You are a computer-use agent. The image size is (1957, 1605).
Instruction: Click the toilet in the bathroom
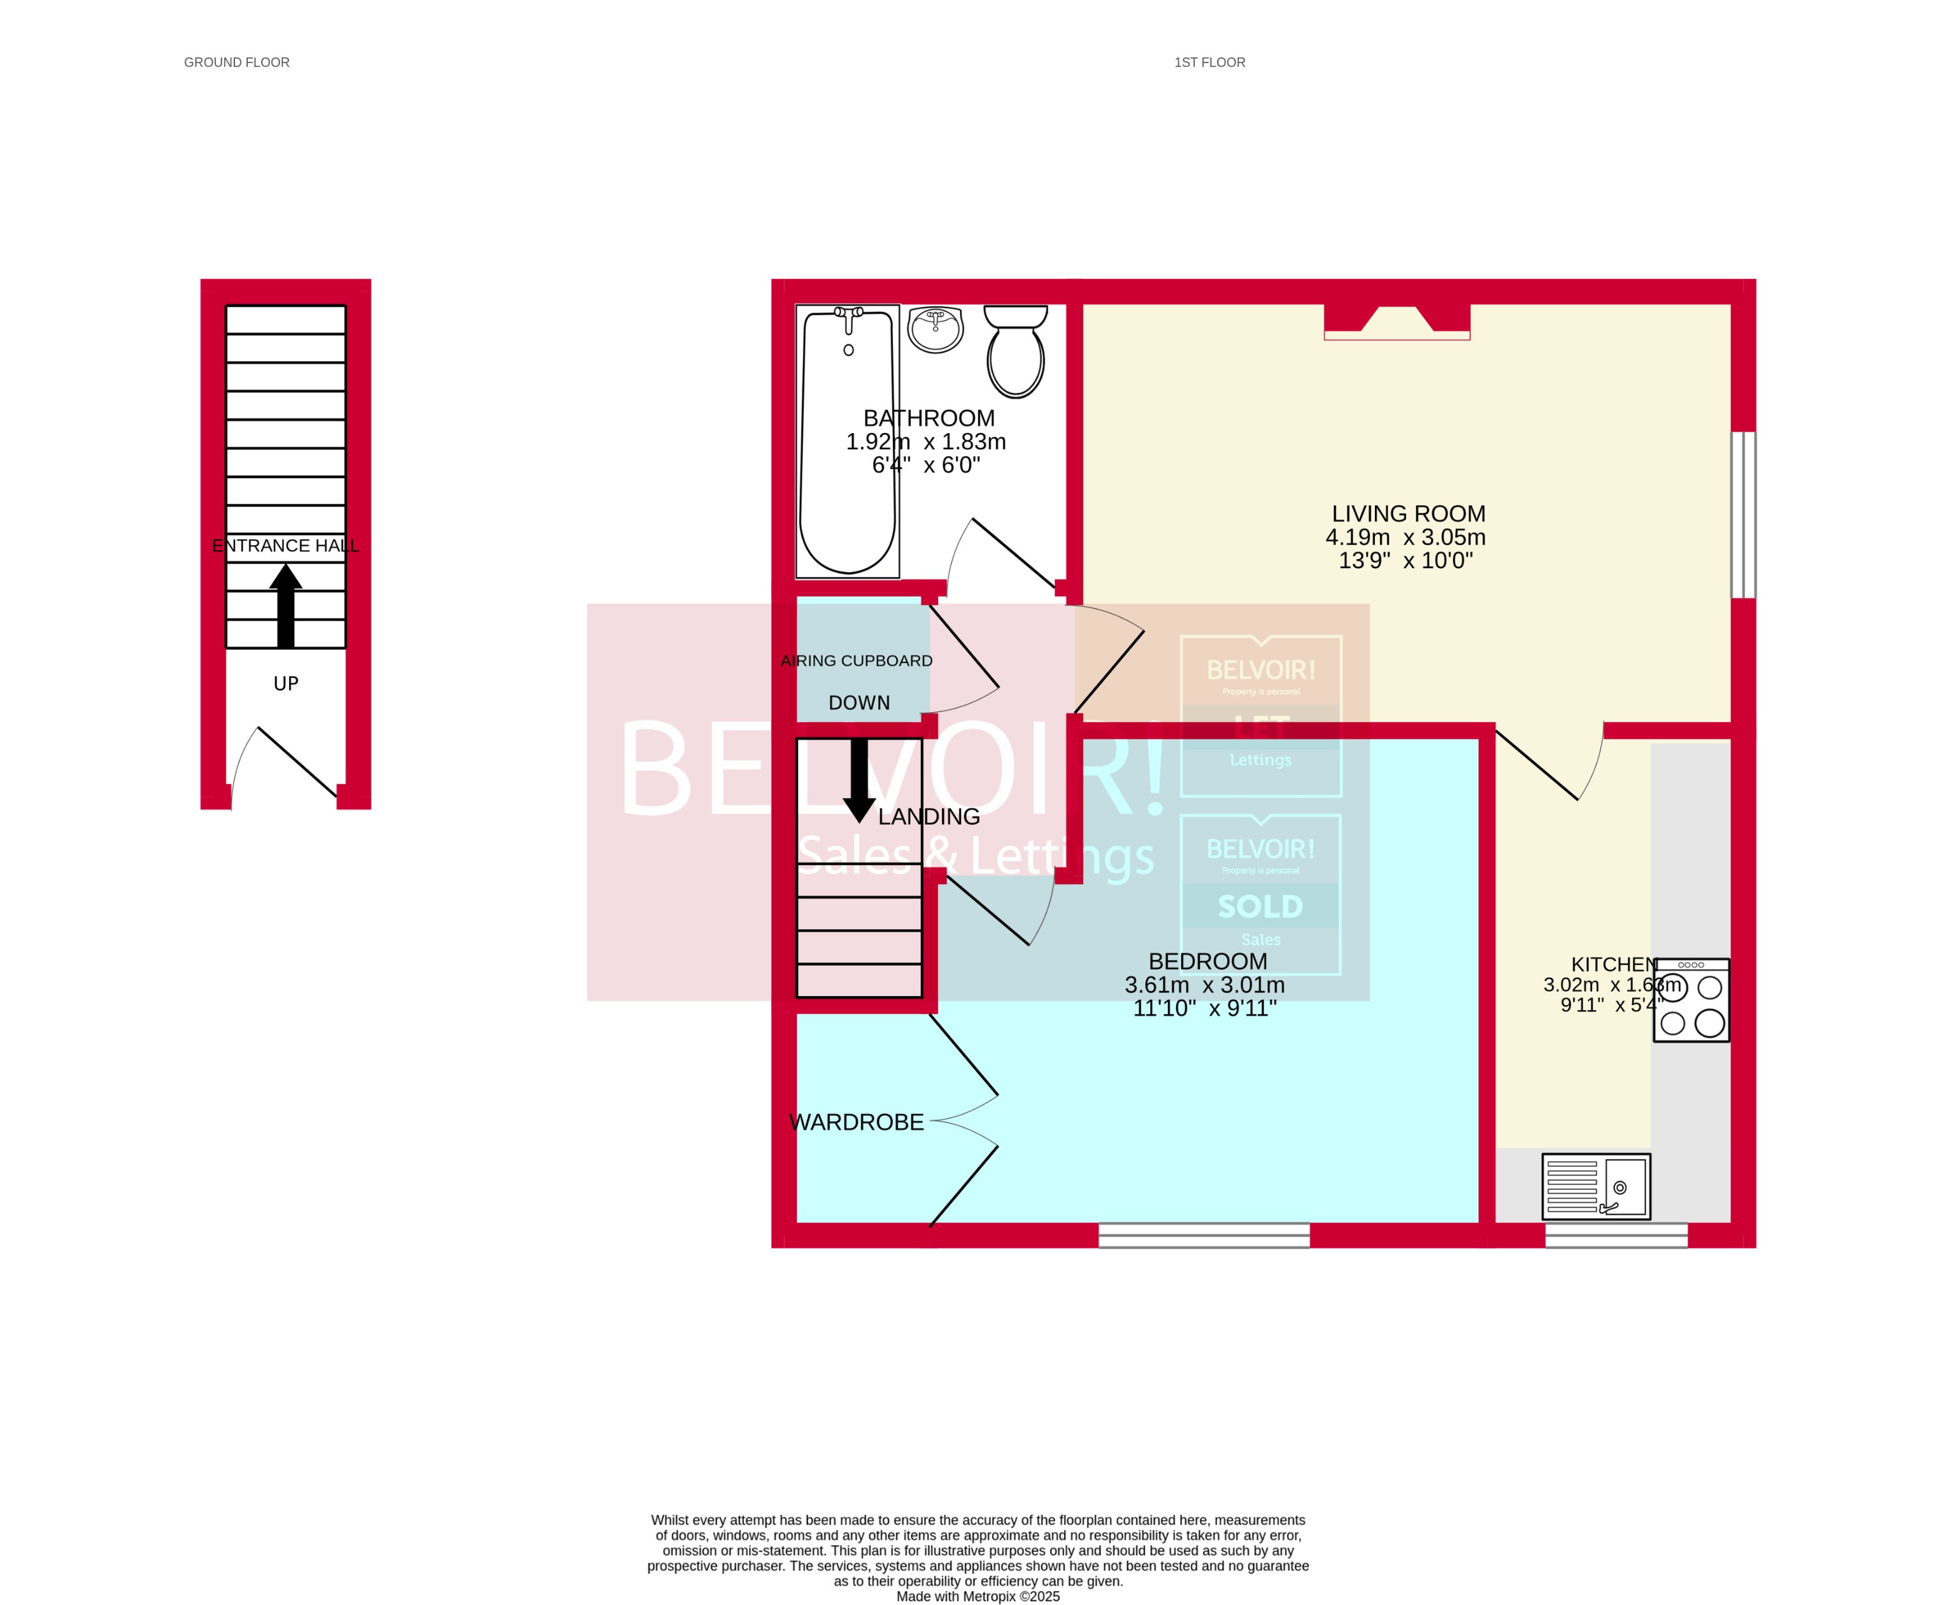point(1015,352)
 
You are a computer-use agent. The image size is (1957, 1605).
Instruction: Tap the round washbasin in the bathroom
point(935,329)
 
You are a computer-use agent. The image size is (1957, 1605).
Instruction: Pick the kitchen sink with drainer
point(1595,1186)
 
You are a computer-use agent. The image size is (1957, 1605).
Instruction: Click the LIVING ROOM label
point(1408,514)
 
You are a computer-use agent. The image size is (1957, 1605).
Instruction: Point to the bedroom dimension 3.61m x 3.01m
point(1204,985)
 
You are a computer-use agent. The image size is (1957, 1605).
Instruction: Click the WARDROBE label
point(856,1122)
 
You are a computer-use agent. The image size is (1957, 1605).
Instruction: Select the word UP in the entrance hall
point(286,684)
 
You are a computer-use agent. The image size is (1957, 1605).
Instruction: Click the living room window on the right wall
point(1742,515)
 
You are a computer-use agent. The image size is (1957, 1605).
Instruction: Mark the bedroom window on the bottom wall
point(1204,1235)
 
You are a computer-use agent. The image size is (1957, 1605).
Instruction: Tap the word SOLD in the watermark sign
point(1260,907)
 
